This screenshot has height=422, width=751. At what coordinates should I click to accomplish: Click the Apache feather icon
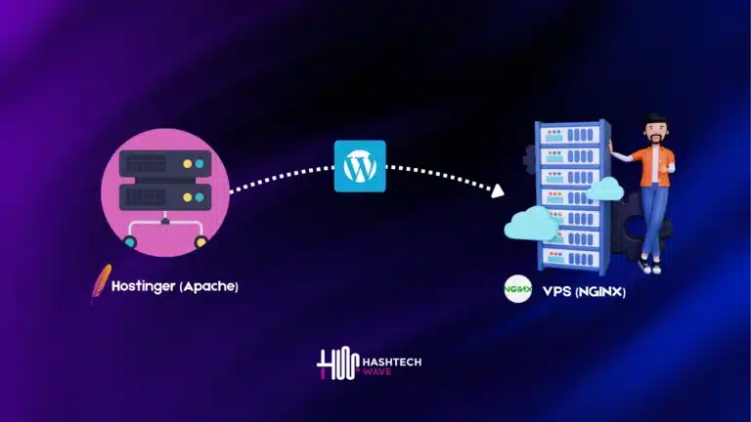[x=99, y=284]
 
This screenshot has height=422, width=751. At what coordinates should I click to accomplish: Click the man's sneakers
[x=649, y=265]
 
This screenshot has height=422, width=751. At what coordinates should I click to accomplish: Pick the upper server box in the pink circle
[x=163, y=162]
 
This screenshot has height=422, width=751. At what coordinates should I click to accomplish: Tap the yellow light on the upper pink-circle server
[x=199, y=162]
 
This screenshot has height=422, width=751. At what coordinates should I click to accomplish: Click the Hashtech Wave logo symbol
[x=332, y=364]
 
